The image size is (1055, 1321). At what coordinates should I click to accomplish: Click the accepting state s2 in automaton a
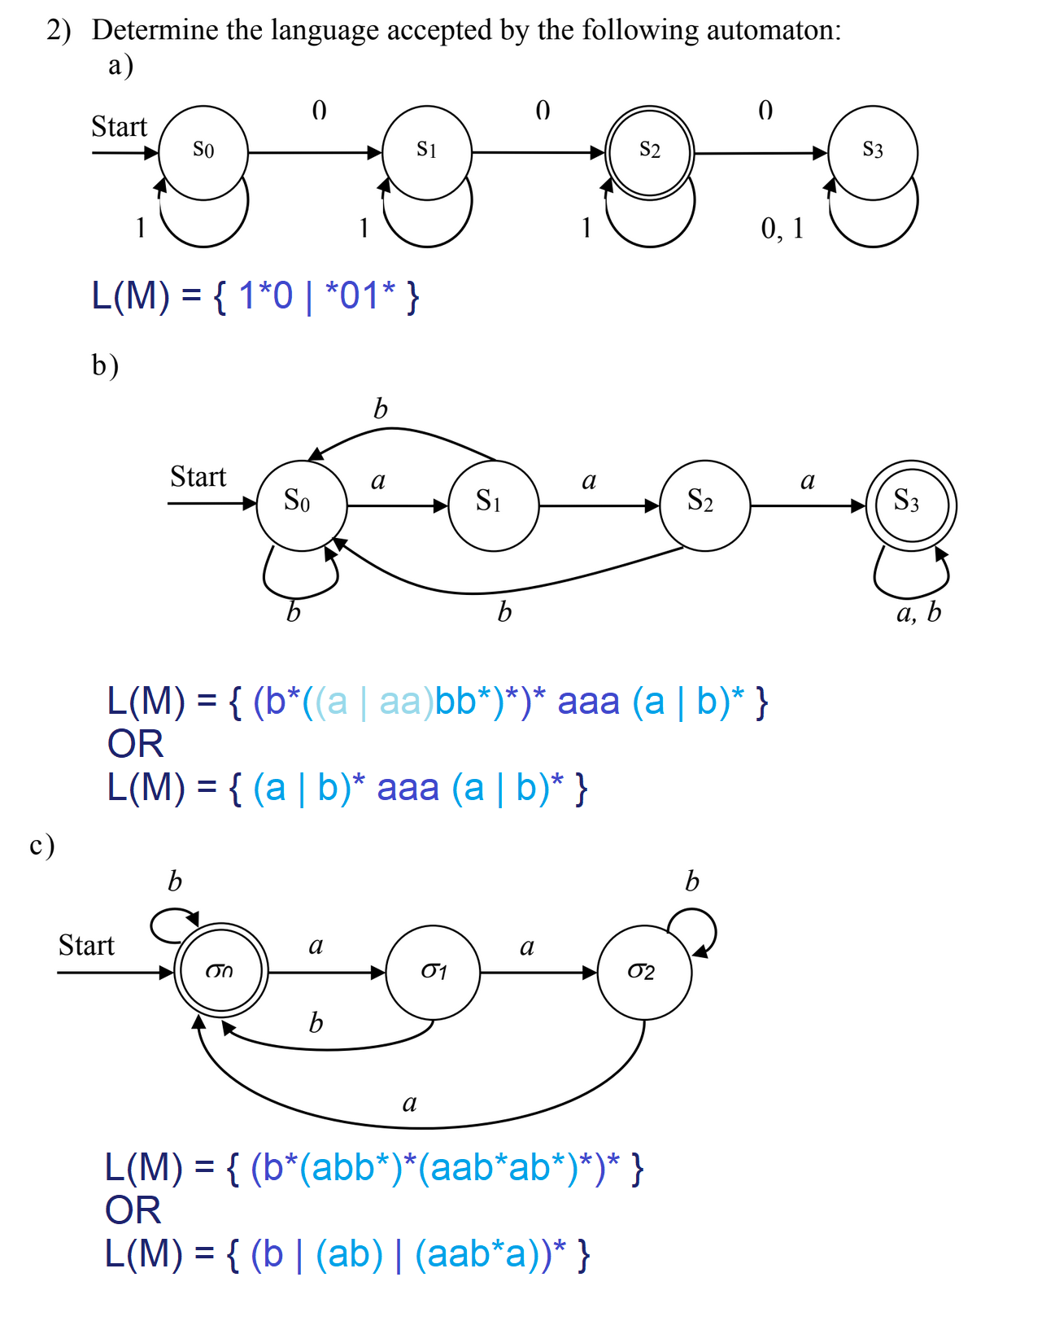click(649, 152)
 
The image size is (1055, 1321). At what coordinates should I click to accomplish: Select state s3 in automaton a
click(873, 152)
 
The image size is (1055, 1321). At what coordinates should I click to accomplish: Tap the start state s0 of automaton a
click(203, 152)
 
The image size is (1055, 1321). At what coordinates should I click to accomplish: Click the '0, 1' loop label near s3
click(782, 229)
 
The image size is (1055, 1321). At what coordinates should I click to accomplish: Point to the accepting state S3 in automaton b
click(911, 505)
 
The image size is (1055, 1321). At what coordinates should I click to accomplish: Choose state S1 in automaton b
click(494, 505)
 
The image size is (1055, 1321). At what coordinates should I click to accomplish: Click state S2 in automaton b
click(704, 505)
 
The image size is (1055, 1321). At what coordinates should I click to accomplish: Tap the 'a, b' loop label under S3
click(918, 612)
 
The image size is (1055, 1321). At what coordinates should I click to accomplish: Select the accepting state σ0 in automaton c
click(221, 971)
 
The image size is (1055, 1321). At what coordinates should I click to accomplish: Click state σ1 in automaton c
click(433, 972)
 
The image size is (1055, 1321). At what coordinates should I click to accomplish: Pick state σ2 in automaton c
click(644, 972)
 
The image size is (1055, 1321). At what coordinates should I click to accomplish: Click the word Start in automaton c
click(86, 946)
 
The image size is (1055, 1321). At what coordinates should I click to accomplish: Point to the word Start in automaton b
click(198, 477)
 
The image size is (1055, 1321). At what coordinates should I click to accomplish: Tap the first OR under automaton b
click(135, 744)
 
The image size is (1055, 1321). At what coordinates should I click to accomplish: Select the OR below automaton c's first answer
click(133, 1210)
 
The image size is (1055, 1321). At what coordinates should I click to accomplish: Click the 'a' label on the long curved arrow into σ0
click(410, 1104)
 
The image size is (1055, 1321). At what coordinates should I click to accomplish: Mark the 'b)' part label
click(105, 365)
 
